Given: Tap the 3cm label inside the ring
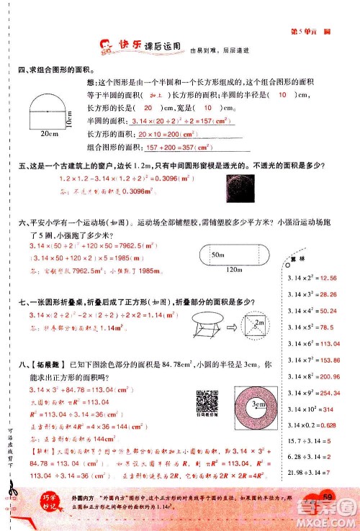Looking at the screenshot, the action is (257, 404).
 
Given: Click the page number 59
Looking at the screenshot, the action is (328, 499).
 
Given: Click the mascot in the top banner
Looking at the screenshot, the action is (109, 47).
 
